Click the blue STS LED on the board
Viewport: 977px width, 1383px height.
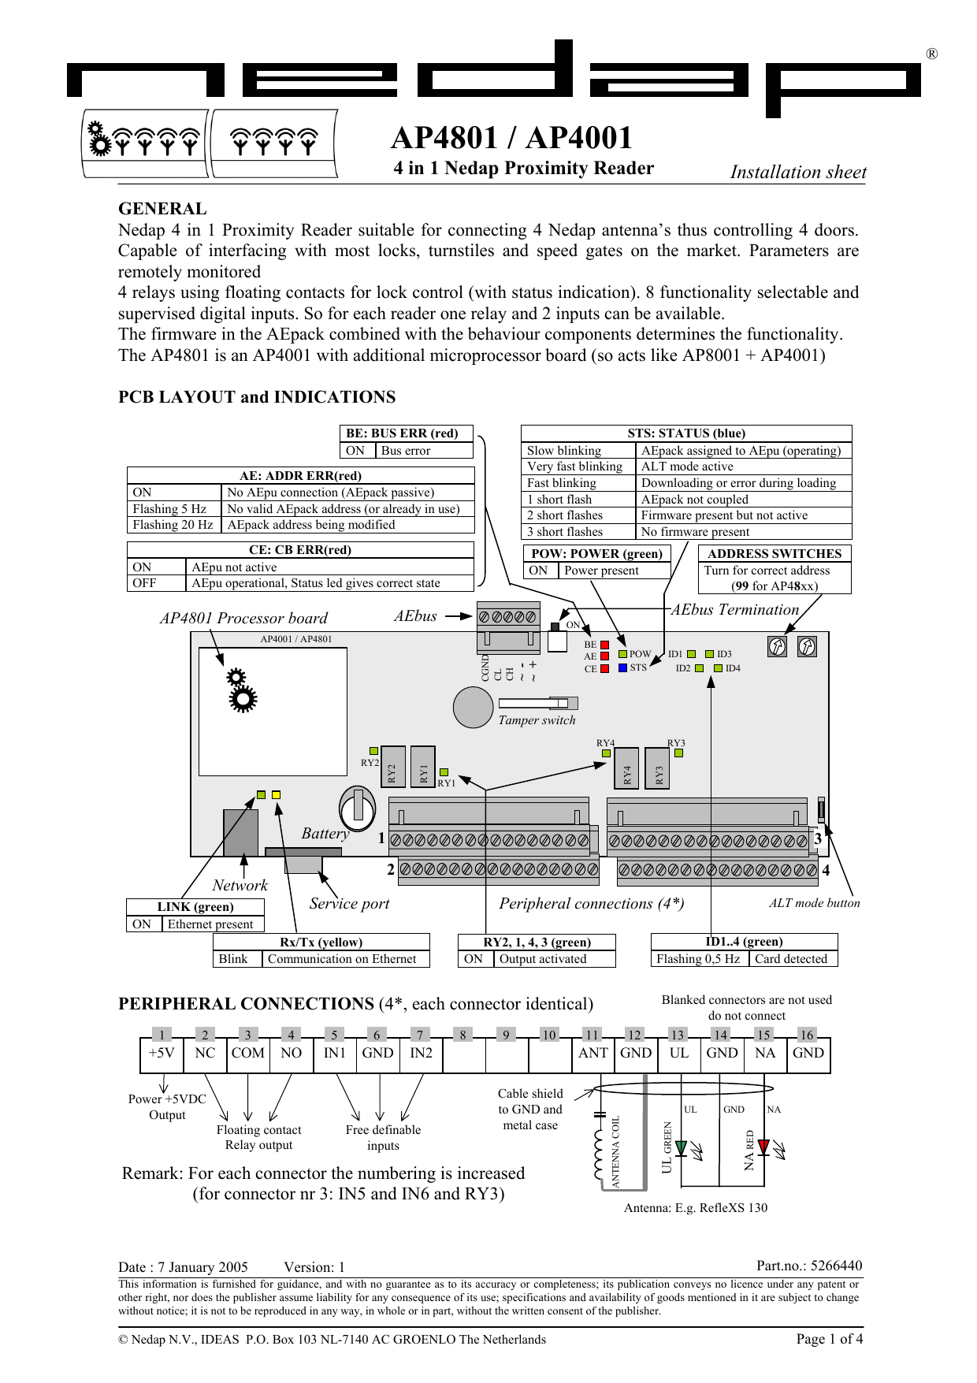pos(622,667)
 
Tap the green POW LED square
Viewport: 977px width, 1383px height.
pos(622,654)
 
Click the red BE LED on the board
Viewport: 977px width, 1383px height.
pos(604,645)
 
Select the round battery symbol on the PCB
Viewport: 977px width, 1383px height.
pos(358,808)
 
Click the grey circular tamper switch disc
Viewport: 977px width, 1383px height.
pos(473,707)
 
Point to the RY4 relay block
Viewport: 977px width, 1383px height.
pos(627,768)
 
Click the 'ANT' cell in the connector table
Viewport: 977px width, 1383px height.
pos(593,1054)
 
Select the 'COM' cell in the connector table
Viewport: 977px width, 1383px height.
pos(247,1054)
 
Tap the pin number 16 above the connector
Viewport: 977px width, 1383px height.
pos(806,1035)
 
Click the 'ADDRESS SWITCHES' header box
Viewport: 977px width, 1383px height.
pos(774,553)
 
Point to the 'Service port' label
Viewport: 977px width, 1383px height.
pos(349,904)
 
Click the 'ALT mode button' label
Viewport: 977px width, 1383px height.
pos(814,903)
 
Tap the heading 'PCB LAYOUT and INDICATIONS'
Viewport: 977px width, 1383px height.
pos(257,397)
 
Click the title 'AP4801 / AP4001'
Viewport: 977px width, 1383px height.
pos(511,138)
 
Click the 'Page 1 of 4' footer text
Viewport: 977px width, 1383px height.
pos(829,1339)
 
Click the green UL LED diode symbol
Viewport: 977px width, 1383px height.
pos(681,1148)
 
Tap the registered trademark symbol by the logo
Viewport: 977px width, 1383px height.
pos(931,54)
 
